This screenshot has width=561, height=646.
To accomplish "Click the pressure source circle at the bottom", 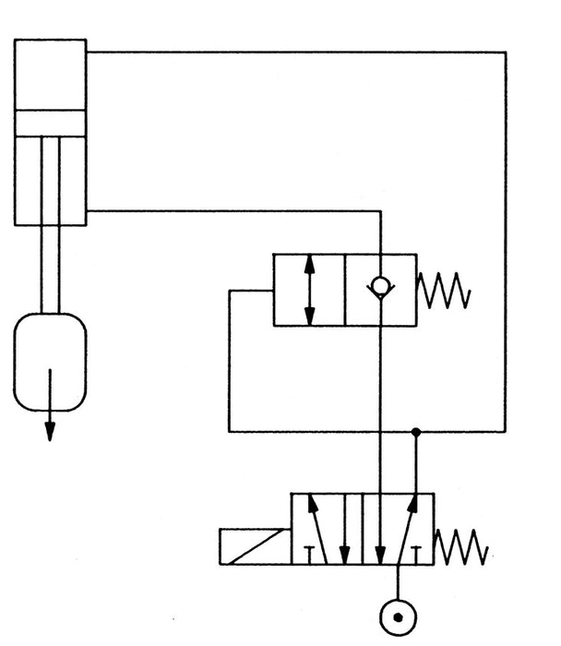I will (399, 616).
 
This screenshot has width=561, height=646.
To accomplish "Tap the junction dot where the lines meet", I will (416, 431).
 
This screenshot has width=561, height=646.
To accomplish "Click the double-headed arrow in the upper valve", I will (310, 289).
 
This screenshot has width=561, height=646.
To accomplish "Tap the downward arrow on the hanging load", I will (50, 406).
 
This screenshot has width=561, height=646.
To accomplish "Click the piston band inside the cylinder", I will (50, 123).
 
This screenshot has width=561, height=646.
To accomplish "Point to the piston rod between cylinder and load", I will (50, 268).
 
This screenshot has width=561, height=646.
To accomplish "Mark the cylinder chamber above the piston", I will (50, 74).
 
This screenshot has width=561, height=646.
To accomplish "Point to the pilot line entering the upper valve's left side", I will (249, 292).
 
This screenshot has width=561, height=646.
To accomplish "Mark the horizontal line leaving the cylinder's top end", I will (295, 52).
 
